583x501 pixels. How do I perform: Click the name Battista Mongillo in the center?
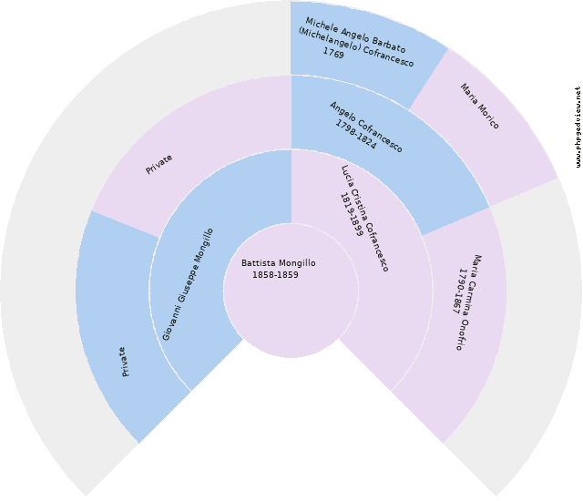(279, 263)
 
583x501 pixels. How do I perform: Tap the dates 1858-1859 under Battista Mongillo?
(275, 275)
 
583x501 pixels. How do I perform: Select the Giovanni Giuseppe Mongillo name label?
(189, 284)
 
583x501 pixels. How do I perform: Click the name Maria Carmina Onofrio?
(473, 302)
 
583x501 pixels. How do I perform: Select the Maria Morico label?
(479, 106)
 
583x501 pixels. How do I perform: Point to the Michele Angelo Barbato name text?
(355, 35)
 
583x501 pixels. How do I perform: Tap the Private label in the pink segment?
(159, 164)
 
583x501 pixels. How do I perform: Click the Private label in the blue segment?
(124, 361)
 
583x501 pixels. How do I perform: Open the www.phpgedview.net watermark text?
(578, 127)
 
